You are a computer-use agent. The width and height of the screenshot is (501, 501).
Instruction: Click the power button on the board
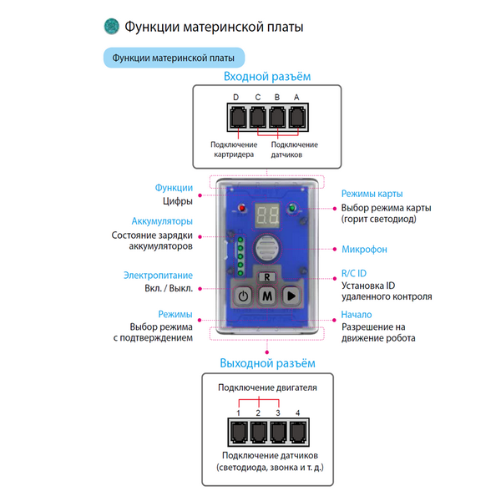tap(243, 295)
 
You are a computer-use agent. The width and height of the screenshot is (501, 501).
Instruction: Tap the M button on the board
tap(267, 295)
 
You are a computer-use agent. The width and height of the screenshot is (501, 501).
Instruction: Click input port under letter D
tap(237, 119)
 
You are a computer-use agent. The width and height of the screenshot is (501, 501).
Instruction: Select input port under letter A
tap(296, 119)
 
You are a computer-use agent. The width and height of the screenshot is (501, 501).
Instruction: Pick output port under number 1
tap(238, 432)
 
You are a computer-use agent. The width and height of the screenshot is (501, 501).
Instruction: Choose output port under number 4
tap(296, 432)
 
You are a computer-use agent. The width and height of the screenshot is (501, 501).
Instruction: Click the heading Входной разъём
tap(266, 77)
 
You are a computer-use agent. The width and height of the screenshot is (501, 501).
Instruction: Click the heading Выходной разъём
tap(267, 363)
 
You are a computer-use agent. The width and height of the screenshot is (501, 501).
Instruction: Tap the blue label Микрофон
tap(364, 249)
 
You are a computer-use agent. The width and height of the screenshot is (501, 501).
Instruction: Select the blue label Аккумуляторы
tap(162, 221)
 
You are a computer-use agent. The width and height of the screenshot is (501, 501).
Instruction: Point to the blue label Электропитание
tap(158, 275)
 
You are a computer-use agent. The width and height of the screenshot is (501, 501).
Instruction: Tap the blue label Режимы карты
tap(372, 194)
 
